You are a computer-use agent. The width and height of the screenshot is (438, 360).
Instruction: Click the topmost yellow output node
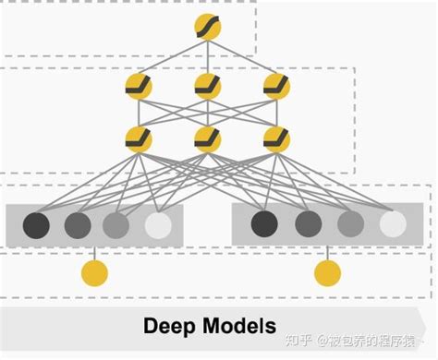coord(208,27)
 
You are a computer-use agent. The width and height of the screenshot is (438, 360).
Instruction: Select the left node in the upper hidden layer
coord(139,88)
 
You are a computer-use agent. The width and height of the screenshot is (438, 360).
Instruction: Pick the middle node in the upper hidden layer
coord(208,88)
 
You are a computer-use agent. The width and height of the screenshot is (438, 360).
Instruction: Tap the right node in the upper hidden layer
coord(276,88)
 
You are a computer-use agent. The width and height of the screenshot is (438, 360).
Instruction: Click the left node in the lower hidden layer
coord(139,138)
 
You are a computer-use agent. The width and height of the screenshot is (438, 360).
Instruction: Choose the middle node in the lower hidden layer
coord(208,138)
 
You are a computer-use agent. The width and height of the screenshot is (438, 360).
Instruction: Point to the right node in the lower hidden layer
coord(276,138)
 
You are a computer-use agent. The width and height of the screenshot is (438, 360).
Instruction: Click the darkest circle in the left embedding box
coord(36,224)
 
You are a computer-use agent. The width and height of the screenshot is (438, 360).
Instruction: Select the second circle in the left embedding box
coord(77,224)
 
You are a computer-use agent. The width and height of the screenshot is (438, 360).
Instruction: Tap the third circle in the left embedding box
coord(116,224)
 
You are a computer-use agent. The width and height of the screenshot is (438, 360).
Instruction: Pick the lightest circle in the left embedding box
coord(158,224)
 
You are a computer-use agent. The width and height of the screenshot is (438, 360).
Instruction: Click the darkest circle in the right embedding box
coord(263,223)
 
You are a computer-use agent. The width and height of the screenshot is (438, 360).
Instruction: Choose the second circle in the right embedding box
coord(309,223)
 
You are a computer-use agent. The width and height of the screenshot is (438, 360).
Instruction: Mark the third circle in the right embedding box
coord(351,223)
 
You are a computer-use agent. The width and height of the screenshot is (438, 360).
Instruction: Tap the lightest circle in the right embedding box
coord(393,223)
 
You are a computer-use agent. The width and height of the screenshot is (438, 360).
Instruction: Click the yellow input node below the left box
coord(94,273)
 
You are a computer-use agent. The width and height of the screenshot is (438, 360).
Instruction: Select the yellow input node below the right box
coord(327,273)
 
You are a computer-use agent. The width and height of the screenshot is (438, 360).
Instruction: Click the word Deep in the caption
coord(173,327)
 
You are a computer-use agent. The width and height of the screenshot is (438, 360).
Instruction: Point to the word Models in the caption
coord(241,326)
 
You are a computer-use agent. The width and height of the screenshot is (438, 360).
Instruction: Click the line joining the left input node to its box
coord(94,252)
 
